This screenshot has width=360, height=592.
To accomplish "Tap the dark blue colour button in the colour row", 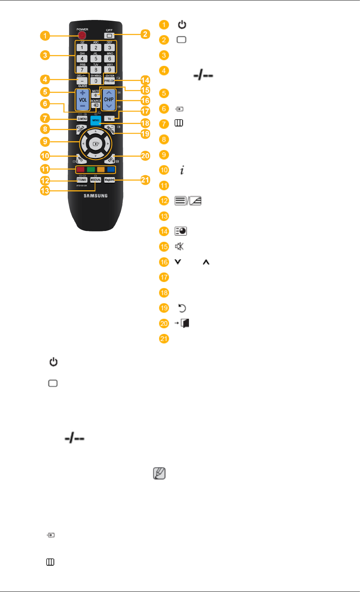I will point(111,169).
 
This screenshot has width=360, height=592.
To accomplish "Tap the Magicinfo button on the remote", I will point(110,180).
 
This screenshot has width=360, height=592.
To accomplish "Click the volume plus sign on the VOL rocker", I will point(82,92).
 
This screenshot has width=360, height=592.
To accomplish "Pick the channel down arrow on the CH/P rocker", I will point(108,107).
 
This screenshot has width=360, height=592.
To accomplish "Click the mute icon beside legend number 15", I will point(181,246).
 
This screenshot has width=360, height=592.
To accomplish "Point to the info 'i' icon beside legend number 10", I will point(181,170).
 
